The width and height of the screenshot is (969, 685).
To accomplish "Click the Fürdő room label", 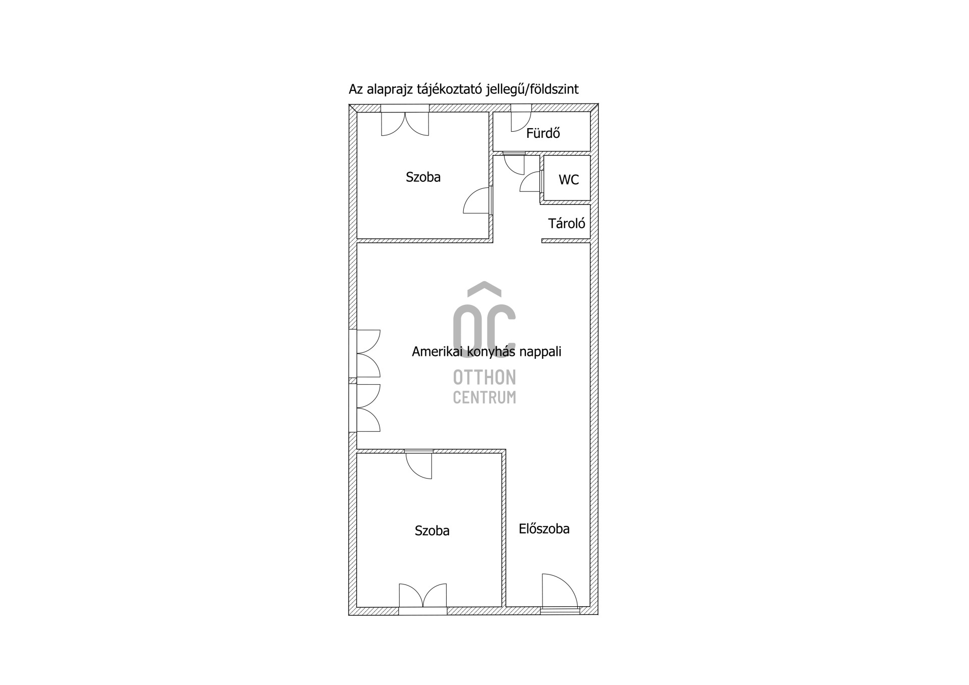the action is point(543,133).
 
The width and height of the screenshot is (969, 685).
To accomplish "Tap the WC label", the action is point(569,180).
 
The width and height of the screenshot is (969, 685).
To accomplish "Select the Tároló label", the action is point(567,223).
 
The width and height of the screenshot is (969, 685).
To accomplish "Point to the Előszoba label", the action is point(544,529).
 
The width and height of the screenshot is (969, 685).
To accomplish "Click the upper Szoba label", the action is point(423,177).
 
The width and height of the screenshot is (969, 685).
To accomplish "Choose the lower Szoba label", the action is point(432,531).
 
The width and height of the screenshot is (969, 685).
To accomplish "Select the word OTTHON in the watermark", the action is point(484,377).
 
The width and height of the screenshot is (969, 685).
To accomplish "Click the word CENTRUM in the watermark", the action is point(484,397).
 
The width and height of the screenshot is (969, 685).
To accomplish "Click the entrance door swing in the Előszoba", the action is point(560,590).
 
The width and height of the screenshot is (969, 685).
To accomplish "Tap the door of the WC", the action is point(530,181).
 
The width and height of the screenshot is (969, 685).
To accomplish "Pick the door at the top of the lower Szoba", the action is point(419,466).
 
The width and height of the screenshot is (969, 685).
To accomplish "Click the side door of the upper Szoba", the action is point(477,200).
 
